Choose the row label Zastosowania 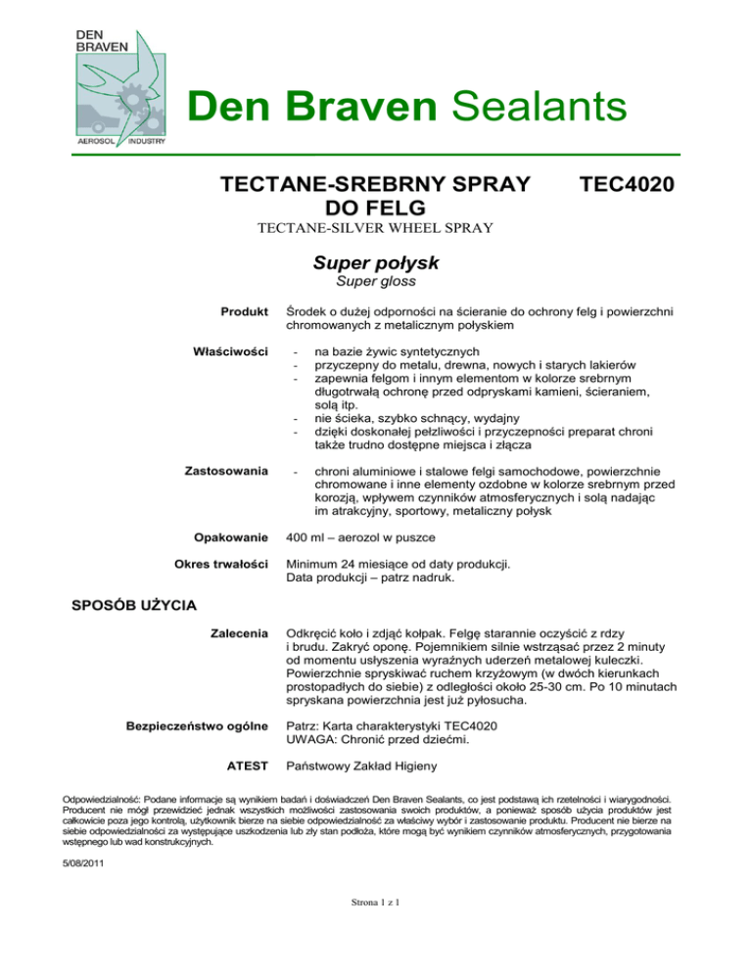pyautogui.click(x=227, y=472)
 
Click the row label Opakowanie pyautogui.click(x=232, y=537)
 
